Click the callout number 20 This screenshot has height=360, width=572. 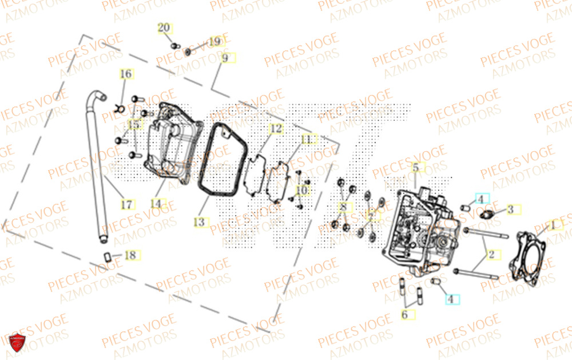[164, 27]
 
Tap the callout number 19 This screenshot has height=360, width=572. [214, 42]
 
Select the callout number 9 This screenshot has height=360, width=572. [225, 58]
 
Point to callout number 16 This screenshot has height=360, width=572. [126, 74]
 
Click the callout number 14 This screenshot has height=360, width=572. [156, 203]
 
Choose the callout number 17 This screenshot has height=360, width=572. [126, 204]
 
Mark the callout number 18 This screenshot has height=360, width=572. [130, 255]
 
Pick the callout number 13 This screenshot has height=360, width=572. [199, 221]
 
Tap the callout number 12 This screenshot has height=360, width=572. [276, 129]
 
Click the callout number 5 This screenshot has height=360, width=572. [416, 167]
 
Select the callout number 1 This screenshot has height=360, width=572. [552, 226]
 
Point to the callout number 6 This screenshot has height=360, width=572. [404, 314]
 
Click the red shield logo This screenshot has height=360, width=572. [17, 343]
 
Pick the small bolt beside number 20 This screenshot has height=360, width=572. [175, 45]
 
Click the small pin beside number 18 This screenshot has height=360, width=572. [107, 256]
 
